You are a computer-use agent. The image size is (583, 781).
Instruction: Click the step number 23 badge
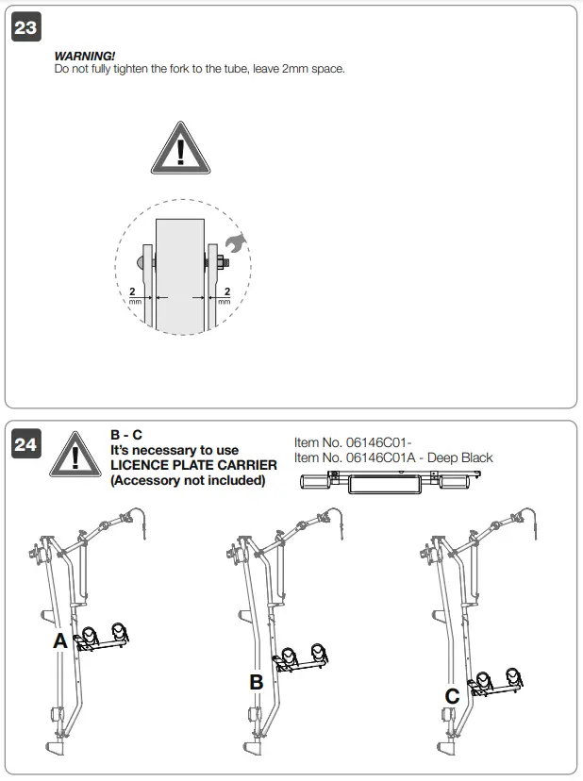[x=25, y=27]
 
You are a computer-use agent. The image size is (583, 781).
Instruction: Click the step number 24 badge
[x=25, y=443]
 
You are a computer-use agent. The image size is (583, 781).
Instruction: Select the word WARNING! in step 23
[x=85, y=57]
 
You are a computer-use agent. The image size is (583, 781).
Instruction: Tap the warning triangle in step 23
[x=179, y=148]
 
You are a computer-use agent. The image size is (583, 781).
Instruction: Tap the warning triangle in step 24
[x=74, y=455]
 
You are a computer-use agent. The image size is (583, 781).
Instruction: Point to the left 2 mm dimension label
[x=133, y=294]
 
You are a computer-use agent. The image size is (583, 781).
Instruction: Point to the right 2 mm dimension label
[x=224, y=294]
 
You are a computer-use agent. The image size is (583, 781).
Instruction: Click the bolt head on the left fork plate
[x=142, y=260]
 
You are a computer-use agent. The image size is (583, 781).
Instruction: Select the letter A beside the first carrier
[x=60, y=641]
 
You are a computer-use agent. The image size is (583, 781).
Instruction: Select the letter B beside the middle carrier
[x=256, y=682]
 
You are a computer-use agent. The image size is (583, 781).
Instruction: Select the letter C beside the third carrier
[x=452, y=697]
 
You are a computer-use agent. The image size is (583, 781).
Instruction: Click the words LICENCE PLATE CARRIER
[x=193, y=465]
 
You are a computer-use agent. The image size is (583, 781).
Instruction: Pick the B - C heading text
[x=126, y=435]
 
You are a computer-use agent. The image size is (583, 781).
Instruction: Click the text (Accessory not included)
[x=188, y=480]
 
